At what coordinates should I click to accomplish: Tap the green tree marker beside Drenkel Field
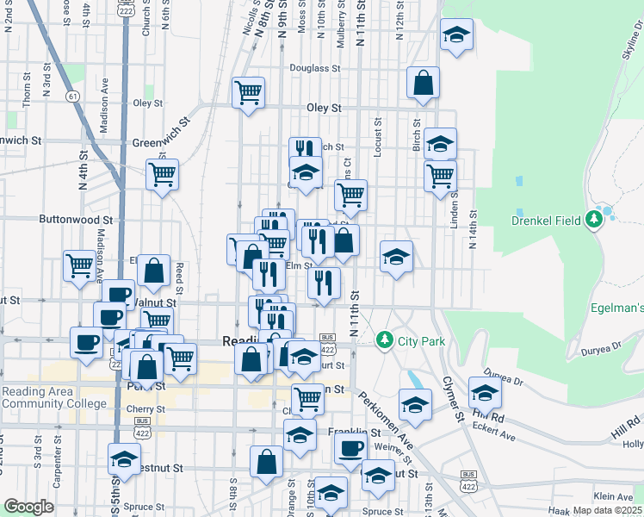point(592,220)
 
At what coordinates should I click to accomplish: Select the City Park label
point(421,341)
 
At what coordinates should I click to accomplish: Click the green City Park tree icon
point(385,341)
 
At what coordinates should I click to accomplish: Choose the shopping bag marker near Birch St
point(423,84)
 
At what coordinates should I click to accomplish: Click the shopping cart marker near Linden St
point(440,176)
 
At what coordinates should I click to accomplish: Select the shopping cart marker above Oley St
point(248,91)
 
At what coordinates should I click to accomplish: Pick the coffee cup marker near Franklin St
point(350,447)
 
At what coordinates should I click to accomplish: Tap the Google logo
point(28,507)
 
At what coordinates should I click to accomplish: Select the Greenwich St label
point(21,140)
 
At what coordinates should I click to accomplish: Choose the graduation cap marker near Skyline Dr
point(456,35)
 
